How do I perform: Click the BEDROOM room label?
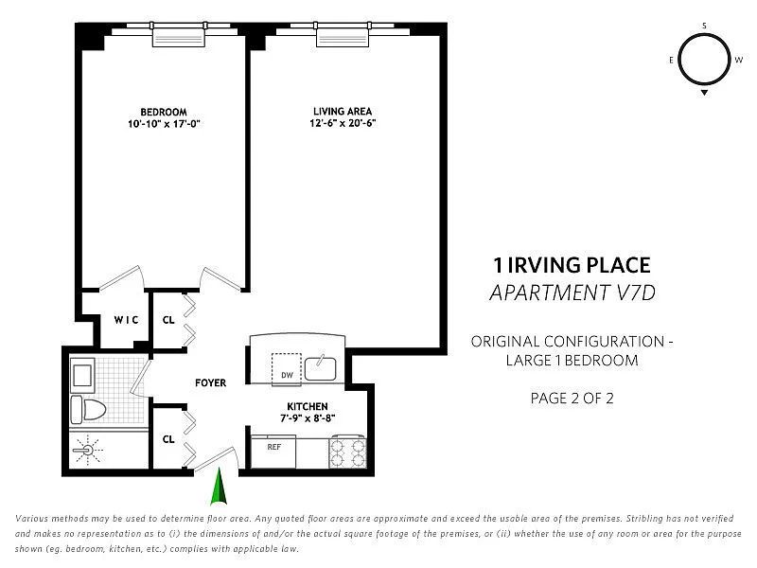[x=164, y=112]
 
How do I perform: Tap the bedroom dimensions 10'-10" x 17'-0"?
[x=164, y=124]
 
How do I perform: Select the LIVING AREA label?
[x=343, y=111]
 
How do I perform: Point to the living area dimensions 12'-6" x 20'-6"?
[x=343, y=123]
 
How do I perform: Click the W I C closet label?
[x=126, y=320]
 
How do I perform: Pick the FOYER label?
[x=210, y=383]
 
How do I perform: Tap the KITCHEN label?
[x=308, y=407]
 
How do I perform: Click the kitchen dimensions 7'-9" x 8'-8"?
[x=308, y=418]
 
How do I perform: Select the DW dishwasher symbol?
[x=287, y=369]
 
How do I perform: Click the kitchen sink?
[x=320, y=368]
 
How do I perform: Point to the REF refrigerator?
[x=273, y=453]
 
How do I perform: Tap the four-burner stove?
[x=347, y=453]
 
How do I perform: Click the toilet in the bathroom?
[x=88, y=410]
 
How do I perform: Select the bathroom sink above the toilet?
[x=82, y=375]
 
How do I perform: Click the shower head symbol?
[x=88, y=451]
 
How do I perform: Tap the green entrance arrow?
[x=219, y=486]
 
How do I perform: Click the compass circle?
[x=704, y=35]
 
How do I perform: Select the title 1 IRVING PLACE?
[x=572, y=265]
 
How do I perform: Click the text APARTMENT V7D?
[x=572, y=293]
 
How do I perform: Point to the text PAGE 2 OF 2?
[x=572, y=399]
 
